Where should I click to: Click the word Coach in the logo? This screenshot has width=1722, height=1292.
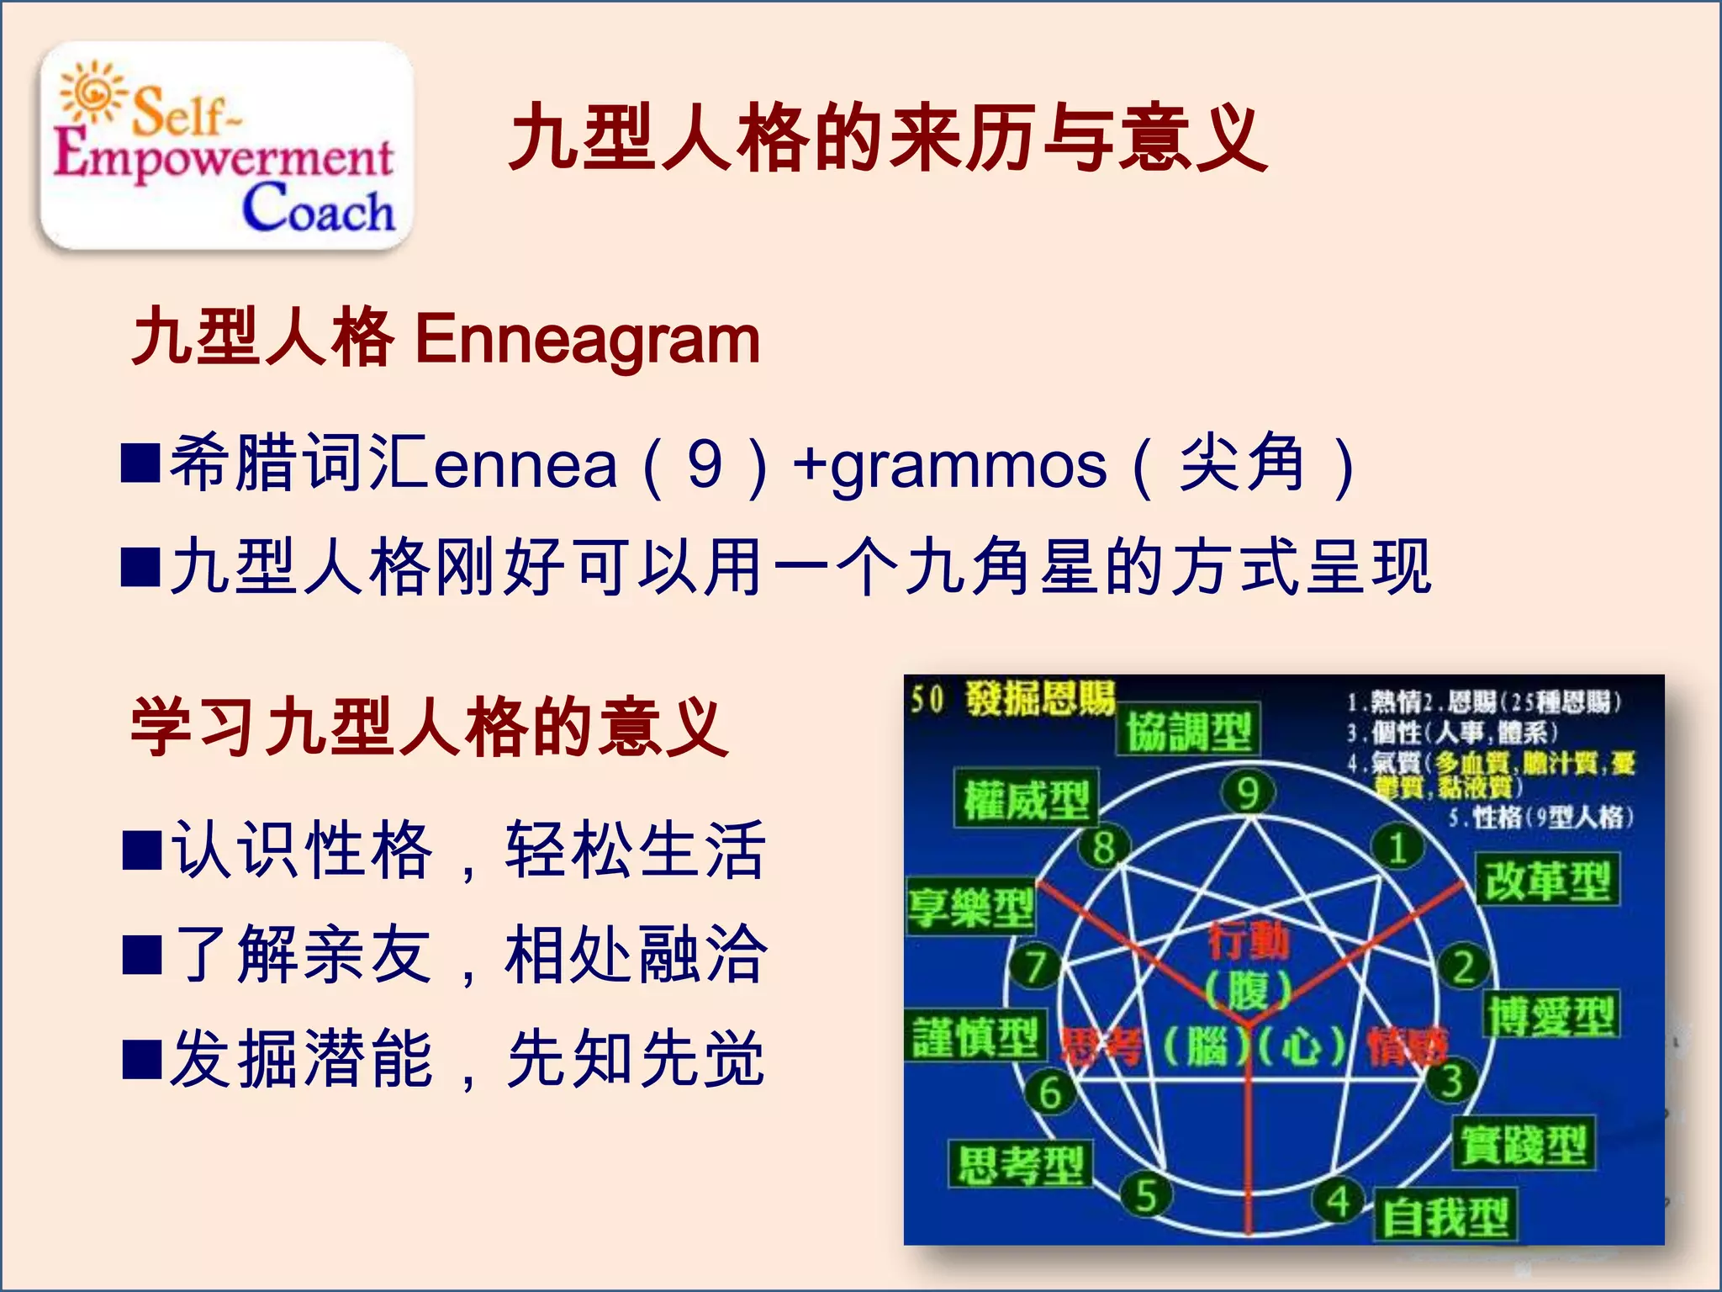318,209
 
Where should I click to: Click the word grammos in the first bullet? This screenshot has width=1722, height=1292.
967,466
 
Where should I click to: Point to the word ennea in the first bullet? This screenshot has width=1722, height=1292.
525,466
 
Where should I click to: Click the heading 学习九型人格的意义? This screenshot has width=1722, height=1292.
429,728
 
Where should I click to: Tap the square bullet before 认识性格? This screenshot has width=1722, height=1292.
141,850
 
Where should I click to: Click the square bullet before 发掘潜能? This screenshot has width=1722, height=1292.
141,1059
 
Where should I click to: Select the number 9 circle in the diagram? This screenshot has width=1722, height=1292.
1248,793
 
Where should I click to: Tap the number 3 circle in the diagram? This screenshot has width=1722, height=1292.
1451,1082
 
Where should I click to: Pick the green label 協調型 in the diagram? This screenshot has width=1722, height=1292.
1188,730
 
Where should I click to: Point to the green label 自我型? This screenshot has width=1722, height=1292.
1445,1216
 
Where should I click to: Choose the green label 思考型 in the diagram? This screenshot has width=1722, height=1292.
1020,1165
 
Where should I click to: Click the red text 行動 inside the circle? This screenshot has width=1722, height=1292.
1248,940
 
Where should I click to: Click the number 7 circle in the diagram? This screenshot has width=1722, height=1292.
1034,966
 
